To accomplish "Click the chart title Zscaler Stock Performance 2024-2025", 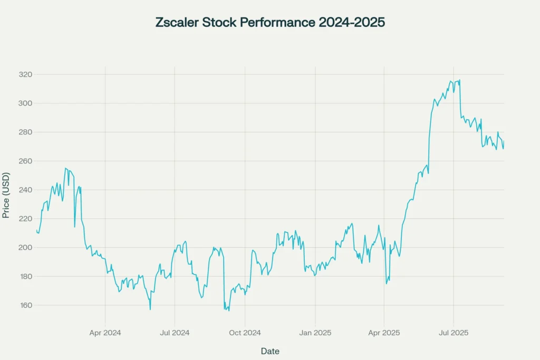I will point(270,23).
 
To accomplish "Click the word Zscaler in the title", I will point(178,23).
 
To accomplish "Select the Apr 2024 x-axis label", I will point(105,333).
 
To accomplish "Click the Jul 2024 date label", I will point(175,333).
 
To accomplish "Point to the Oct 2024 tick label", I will point(245,333).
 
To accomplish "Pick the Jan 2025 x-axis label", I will point(315,333).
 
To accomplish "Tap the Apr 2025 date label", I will point(384,333).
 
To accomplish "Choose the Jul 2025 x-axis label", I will point(454,333).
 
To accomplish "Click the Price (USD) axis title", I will point(6,194).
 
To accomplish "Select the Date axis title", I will point(270,351).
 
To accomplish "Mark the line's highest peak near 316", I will point(460,80).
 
